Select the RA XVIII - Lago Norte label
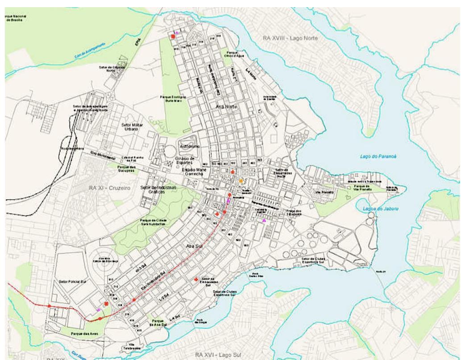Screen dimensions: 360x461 (x=290, y=38)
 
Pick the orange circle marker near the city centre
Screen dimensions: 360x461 (x=241, y=181)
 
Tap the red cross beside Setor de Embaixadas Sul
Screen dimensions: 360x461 (x=195, y=279)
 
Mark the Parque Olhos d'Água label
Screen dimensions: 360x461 (x=233, y=54)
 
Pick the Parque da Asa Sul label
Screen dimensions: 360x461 (x=158, y=322)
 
